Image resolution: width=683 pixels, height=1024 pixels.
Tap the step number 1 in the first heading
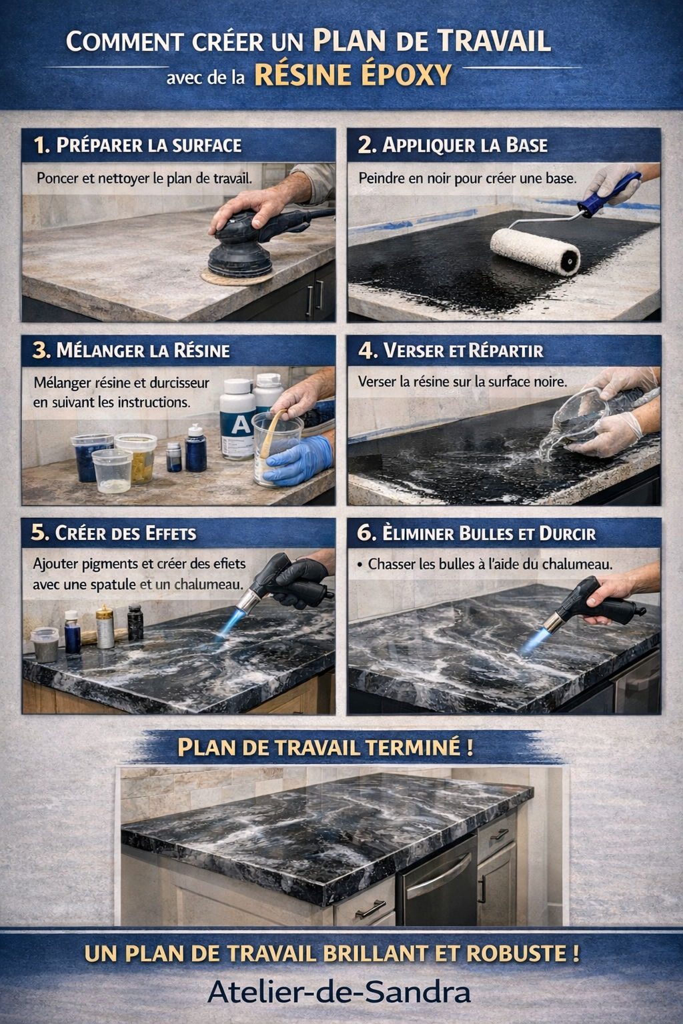pos(41,145)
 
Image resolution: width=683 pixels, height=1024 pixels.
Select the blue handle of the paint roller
pos(608,194)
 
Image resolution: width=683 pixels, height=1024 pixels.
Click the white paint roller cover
pos(535,251)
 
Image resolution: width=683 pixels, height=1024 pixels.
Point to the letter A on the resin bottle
pos(241,425)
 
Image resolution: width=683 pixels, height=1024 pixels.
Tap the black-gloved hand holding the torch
pos(302,581)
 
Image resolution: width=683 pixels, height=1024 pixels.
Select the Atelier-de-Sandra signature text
pos(339,992)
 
